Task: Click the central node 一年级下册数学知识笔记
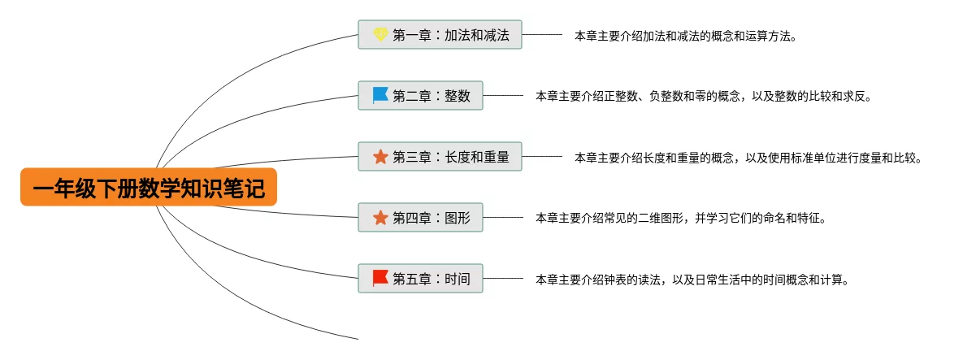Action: tap(148, 188)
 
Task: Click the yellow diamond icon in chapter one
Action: tap(380, 35)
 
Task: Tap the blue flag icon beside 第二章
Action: tap(380, 96)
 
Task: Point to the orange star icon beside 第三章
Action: tap(380, 157)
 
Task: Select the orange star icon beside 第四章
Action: tap(380, 218)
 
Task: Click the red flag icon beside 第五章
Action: tap(380, 279)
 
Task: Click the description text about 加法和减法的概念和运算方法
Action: tap(685, 36)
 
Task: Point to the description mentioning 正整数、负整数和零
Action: tap(703, 97)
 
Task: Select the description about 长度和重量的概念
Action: tap(748, 158)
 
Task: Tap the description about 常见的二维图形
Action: tap(680, 219)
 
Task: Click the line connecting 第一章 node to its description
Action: tap(542, 35)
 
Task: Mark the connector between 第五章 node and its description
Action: tap(503, 279)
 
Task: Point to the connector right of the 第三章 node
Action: tap(542, 157)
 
